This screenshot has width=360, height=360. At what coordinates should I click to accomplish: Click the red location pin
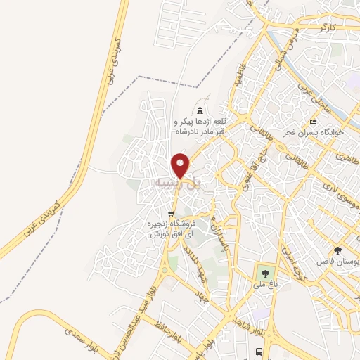tap(181, 165)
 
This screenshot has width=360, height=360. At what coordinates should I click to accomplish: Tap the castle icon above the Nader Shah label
tap(200, 110)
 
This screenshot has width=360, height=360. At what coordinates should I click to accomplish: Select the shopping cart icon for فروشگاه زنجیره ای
tap(170, 214)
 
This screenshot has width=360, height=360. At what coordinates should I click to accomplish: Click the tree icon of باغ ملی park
tap(264, 273)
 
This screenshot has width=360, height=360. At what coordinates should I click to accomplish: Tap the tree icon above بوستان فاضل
tap(338, 250)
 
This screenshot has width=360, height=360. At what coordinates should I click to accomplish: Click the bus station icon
tap(259, 351)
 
